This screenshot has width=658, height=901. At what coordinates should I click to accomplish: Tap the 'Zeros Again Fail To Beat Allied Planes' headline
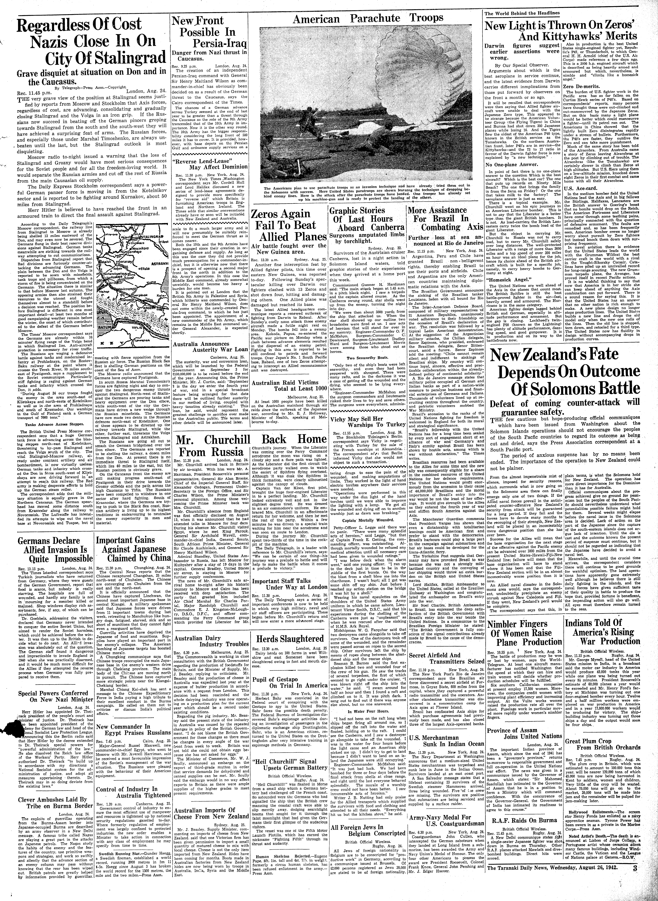coord(287,225)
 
